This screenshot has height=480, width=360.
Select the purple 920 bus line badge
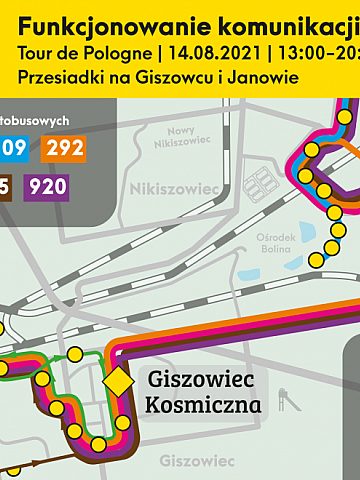point(48,186)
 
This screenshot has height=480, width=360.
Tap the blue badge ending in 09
point(14,149)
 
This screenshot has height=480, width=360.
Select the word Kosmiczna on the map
point(204,405)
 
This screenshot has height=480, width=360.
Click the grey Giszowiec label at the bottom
point(196,461)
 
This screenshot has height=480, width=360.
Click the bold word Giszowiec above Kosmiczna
point(204,380)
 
